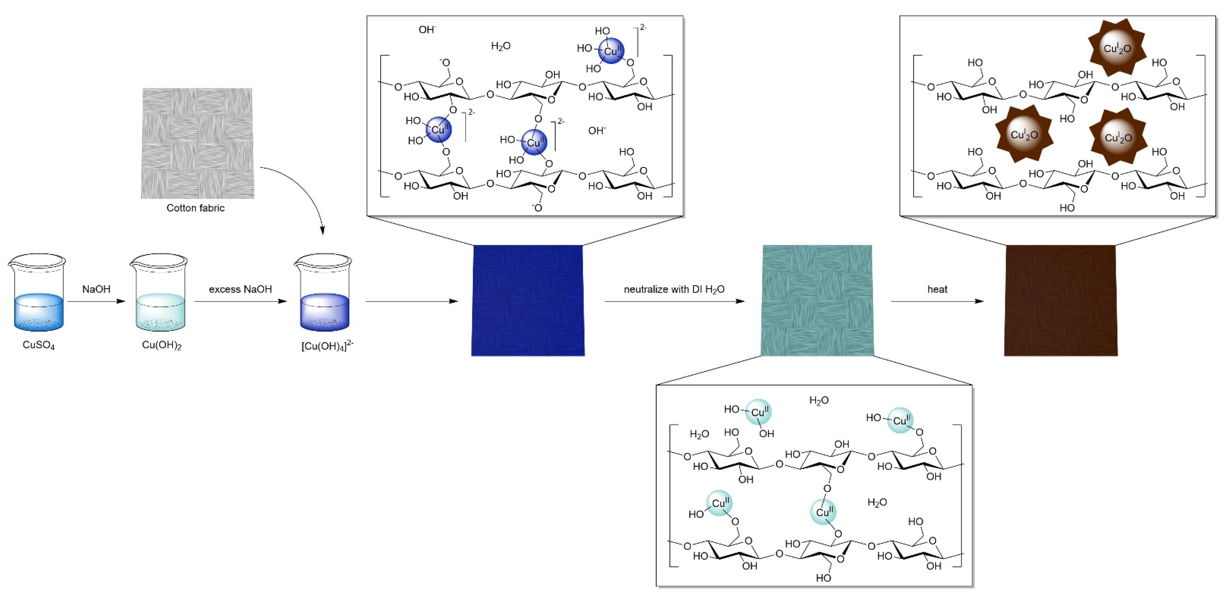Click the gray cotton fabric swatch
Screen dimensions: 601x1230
click(x=197, y=143)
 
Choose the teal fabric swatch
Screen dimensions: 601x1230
click(x=817, y=301)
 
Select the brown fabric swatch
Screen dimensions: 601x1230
click(x=1061, y=301)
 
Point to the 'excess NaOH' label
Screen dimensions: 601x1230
click(x=240, y=289)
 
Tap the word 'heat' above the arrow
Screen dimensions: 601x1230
click(x=937, y=289)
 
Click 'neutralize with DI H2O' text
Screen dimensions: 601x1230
click(x=674, y=289)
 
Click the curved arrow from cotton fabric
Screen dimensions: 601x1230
click(x=306, y=191)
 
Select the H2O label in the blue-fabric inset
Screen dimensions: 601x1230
click(x=500, y=46)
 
